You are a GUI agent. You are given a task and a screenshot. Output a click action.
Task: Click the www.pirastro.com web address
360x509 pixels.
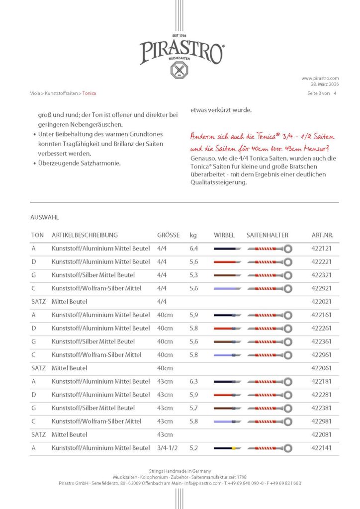320,78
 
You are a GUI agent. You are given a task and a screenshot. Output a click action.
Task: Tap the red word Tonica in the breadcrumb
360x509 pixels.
90,93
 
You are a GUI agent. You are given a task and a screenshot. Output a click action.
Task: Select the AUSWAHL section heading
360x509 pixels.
45,218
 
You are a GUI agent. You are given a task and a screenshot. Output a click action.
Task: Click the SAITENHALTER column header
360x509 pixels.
267,235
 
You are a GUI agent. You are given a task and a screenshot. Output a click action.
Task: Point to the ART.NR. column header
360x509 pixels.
325,235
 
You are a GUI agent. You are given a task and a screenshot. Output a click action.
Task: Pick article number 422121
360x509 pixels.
325,249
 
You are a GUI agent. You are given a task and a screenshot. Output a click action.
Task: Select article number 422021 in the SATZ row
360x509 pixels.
325,302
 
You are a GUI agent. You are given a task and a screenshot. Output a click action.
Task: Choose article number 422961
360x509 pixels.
325,355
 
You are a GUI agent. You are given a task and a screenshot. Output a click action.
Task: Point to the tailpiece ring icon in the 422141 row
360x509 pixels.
288,448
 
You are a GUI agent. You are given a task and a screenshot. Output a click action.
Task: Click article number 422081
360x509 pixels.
325,434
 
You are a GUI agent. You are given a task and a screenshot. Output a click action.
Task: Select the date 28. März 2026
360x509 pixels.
322,85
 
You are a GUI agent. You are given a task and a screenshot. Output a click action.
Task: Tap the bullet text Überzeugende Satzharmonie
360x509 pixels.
82,163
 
